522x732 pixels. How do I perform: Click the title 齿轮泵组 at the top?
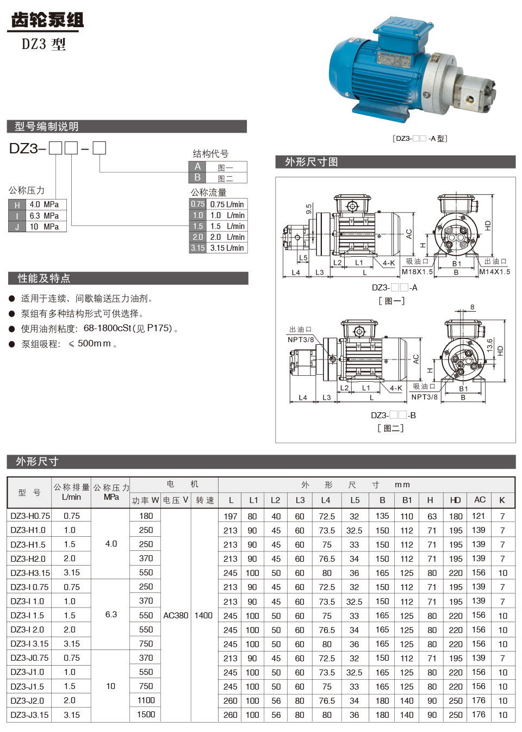(x=47, y=20)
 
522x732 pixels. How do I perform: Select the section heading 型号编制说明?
(x=47, y=127)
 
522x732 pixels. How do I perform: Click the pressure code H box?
(x=17, y=205)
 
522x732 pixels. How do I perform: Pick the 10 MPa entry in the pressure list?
(x=44, y=227)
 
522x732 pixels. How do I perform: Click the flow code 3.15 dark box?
(x=197, y=248)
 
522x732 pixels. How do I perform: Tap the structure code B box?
(x=197, y=178)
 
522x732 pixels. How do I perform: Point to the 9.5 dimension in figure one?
(x=309, y=209)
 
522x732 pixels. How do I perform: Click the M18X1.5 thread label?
(x=417, y=272)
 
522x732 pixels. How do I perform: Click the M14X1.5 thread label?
(x=494, y=272)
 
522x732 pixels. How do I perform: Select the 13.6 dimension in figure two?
(x=490, y=345)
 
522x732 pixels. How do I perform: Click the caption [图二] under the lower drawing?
(x=390, y=429)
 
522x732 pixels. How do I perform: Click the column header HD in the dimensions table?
(x=455, y=500)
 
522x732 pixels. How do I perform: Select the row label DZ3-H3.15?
(x=30, y=573)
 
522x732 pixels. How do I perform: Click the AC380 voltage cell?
(x=176, y=616)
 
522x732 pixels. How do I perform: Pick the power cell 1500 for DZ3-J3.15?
(x=146, y=715)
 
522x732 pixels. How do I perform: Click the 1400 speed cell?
(x=203, y=616)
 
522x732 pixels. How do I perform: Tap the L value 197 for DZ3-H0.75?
(x=231, y=516)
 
